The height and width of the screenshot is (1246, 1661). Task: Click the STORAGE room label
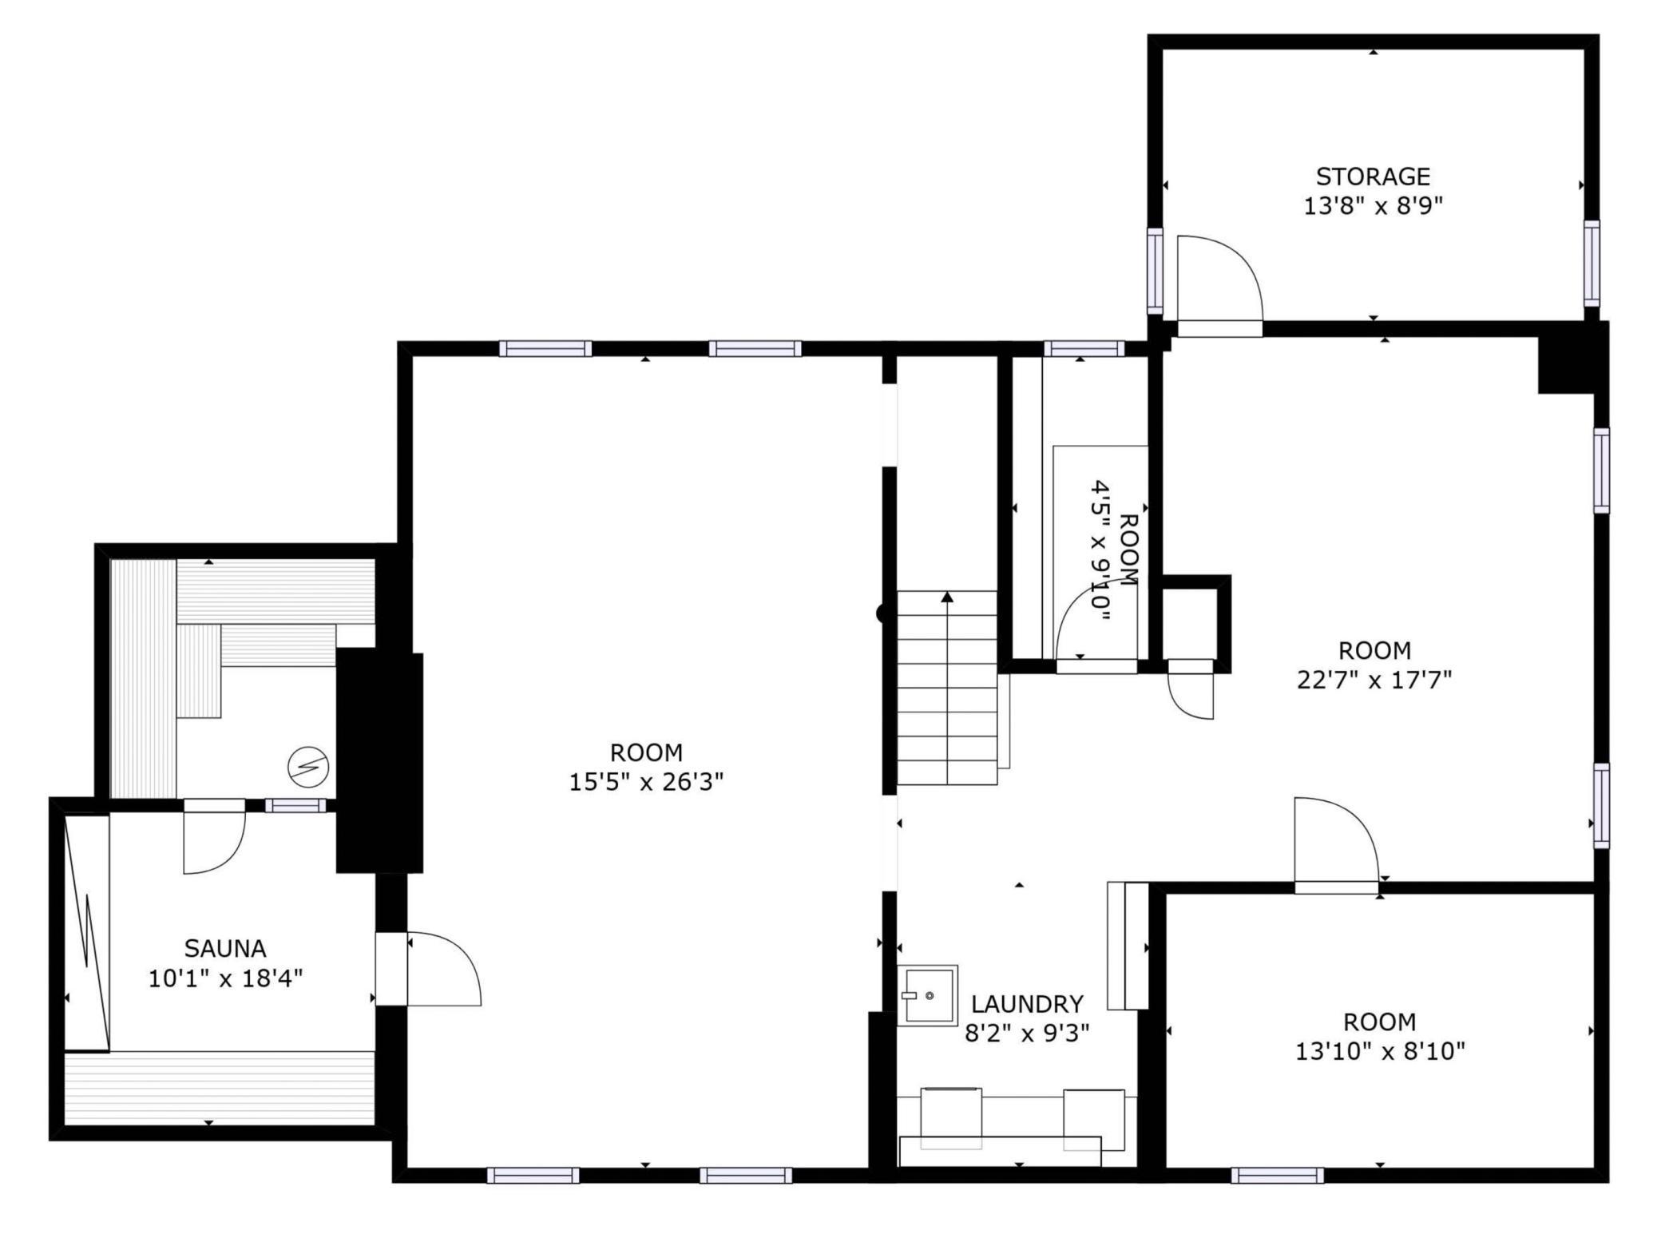pos(1373,176)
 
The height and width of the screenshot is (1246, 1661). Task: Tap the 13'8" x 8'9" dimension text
pos(1373,207)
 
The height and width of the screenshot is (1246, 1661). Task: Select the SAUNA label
pos(225,948)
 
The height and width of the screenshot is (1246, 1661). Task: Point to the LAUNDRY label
pos(1027,1003)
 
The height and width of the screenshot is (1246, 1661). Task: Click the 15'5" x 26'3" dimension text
pos(646,782)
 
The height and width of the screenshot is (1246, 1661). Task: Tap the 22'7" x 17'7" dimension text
pos(1374,680)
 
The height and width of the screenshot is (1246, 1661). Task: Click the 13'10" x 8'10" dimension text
pos(1380,1051)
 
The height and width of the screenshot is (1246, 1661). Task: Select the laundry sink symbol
pos(927,995)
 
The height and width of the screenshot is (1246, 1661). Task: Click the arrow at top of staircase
pos(947,597)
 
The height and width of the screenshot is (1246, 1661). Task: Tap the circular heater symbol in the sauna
pos(308,767)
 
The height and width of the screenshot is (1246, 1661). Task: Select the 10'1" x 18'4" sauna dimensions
pos(225,978)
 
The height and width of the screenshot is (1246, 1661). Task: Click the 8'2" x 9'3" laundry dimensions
pos(1027,1034)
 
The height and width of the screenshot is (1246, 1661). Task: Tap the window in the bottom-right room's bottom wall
pos(1277,1175)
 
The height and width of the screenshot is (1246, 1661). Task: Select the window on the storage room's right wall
pos(1592,263)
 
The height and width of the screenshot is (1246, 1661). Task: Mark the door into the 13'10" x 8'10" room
pos(1335,847)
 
